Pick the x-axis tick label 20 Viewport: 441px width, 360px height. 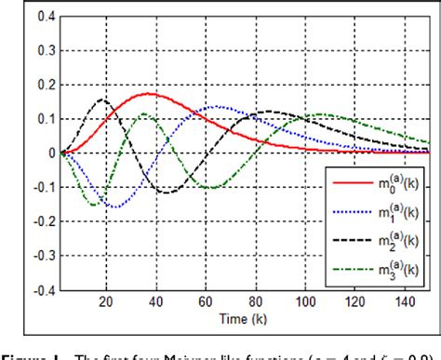pyautogui.click(x=105, y=302)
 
